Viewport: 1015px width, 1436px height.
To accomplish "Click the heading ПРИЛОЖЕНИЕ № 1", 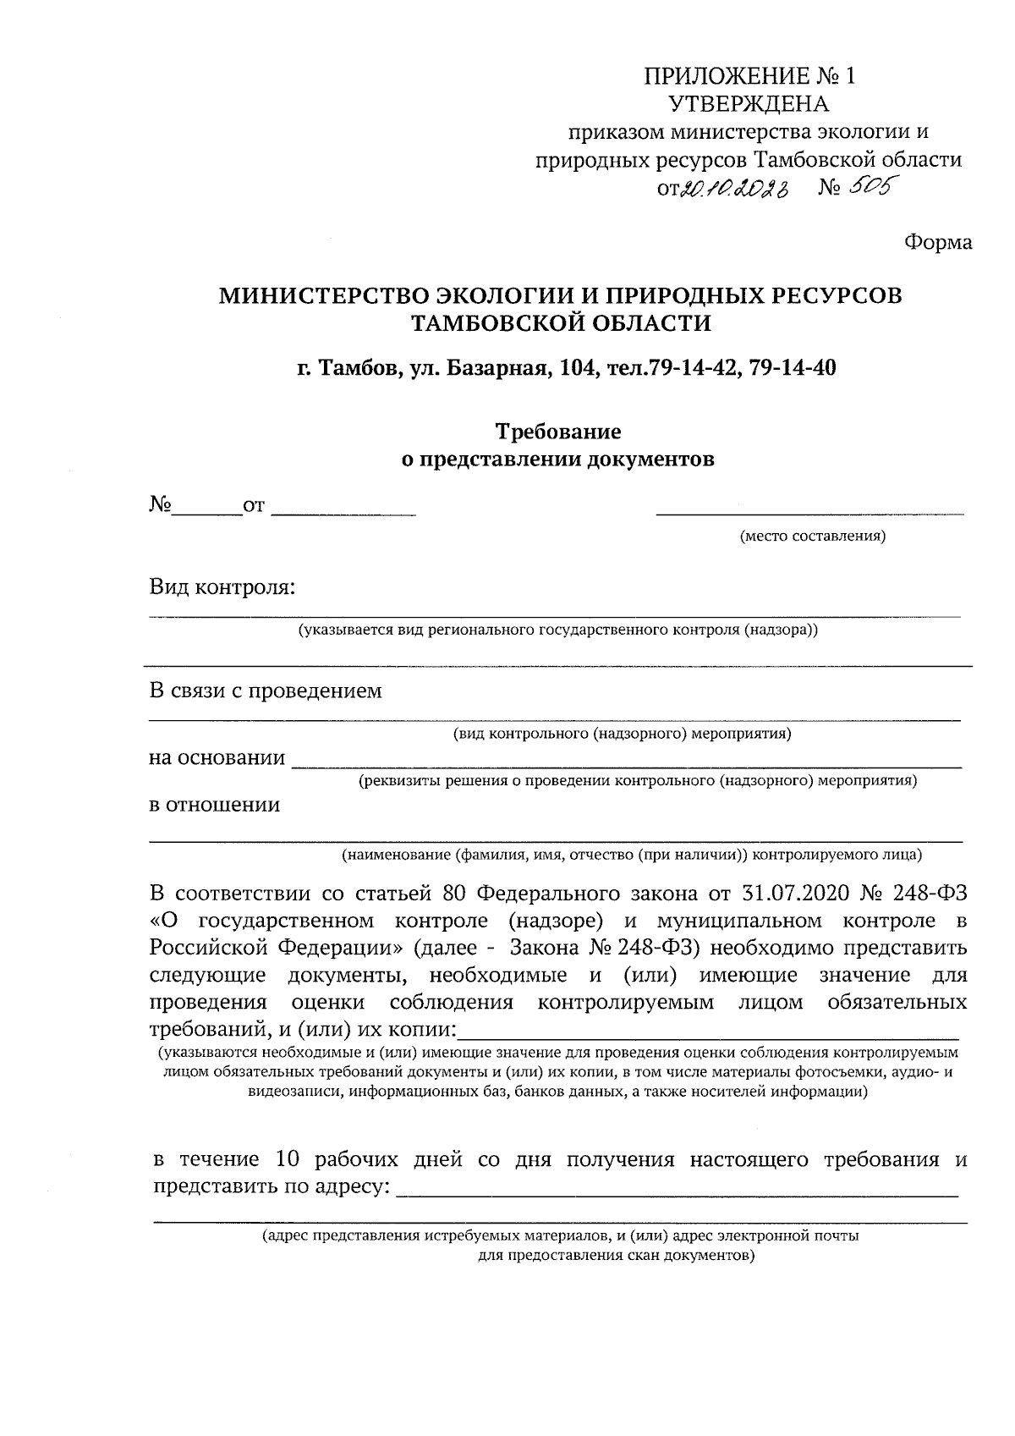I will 749,77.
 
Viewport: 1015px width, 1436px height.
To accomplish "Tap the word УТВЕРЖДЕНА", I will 749,104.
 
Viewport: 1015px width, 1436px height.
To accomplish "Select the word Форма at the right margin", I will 938,243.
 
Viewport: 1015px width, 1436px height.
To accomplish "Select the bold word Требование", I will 557,432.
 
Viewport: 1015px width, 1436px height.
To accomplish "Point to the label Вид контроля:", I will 222,586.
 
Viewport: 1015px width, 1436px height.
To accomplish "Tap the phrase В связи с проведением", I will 266,690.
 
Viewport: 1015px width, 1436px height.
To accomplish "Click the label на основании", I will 217,757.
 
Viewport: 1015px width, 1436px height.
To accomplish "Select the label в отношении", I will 214,805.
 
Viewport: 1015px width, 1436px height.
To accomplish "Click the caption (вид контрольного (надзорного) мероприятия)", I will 622,733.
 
